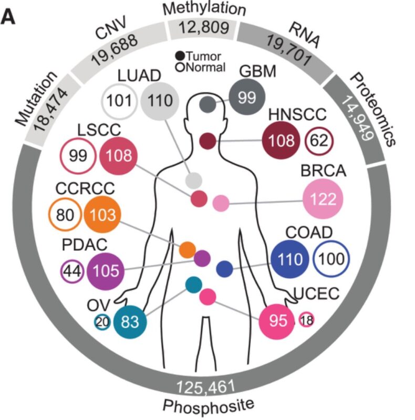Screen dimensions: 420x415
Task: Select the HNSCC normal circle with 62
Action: [x=319, y=140]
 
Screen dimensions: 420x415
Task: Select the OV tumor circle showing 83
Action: [x=129, y=322]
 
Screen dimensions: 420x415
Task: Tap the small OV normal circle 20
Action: [x=102, y=322]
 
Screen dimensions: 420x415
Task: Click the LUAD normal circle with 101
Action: [x=119, y=99]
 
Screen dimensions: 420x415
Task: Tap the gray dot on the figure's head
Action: [x=207, y=104]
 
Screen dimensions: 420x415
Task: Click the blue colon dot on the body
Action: [x=225, y=268]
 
